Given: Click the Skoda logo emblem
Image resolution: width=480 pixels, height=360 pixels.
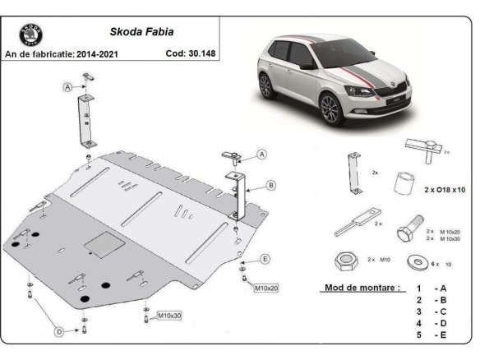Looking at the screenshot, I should [x=29, y=36].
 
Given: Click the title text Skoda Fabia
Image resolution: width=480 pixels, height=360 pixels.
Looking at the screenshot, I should [x=136, y=35].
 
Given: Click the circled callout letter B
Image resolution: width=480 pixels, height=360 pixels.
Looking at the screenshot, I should [x=271, y=186].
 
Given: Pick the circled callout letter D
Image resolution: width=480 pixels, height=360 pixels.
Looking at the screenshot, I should [x=60, y=331].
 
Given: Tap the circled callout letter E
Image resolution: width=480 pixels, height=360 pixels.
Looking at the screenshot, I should [x=265, y=260].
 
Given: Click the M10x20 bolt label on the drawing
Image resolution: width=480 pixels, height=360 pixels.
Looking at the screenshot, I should [x=267, y=288].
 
